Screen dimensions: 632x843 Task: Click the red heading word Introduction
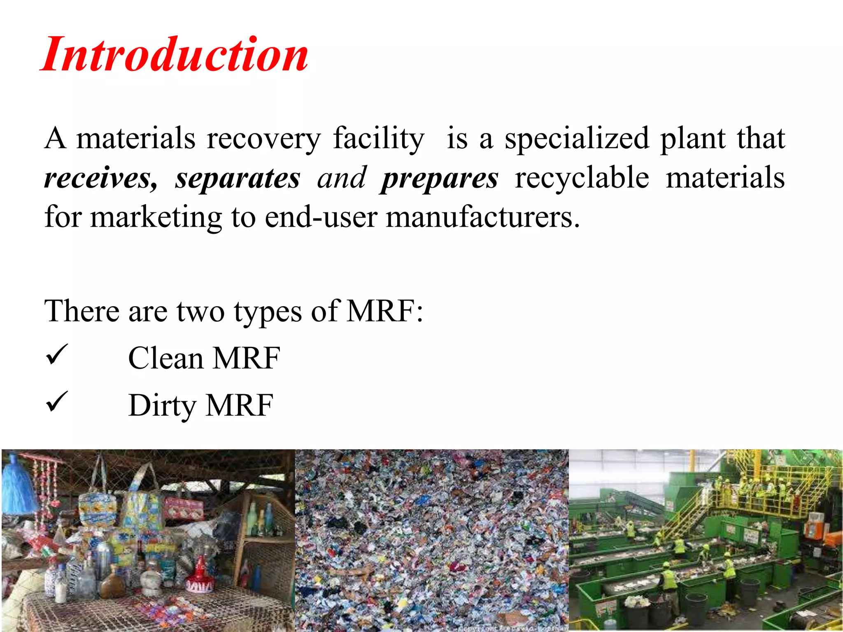(x=175, y=55)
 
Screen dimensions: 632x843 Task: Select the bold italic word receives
(x=100, y=178)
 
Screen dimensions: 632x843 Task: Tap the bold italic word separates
(x=238, y=178)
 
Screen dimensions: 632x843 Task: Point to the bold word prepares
(x=439, y=178)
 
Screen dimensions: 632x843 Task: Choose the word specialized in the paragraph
(x=577, y=139)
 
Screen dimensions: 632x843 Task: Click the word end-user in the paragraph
(x=321, y=217)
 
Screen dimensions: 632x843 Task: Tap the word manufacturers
(x=482, y=217)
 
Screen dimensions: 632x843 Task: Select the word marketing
(x=156, y=218)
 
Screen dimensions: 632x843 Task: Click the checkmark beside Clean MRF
(x=56, y=355)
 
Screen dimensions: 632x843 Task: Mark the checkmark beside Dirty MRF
(x=56, y=402)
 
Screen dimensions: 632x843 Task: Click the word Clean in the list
(x=166, y=358)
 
